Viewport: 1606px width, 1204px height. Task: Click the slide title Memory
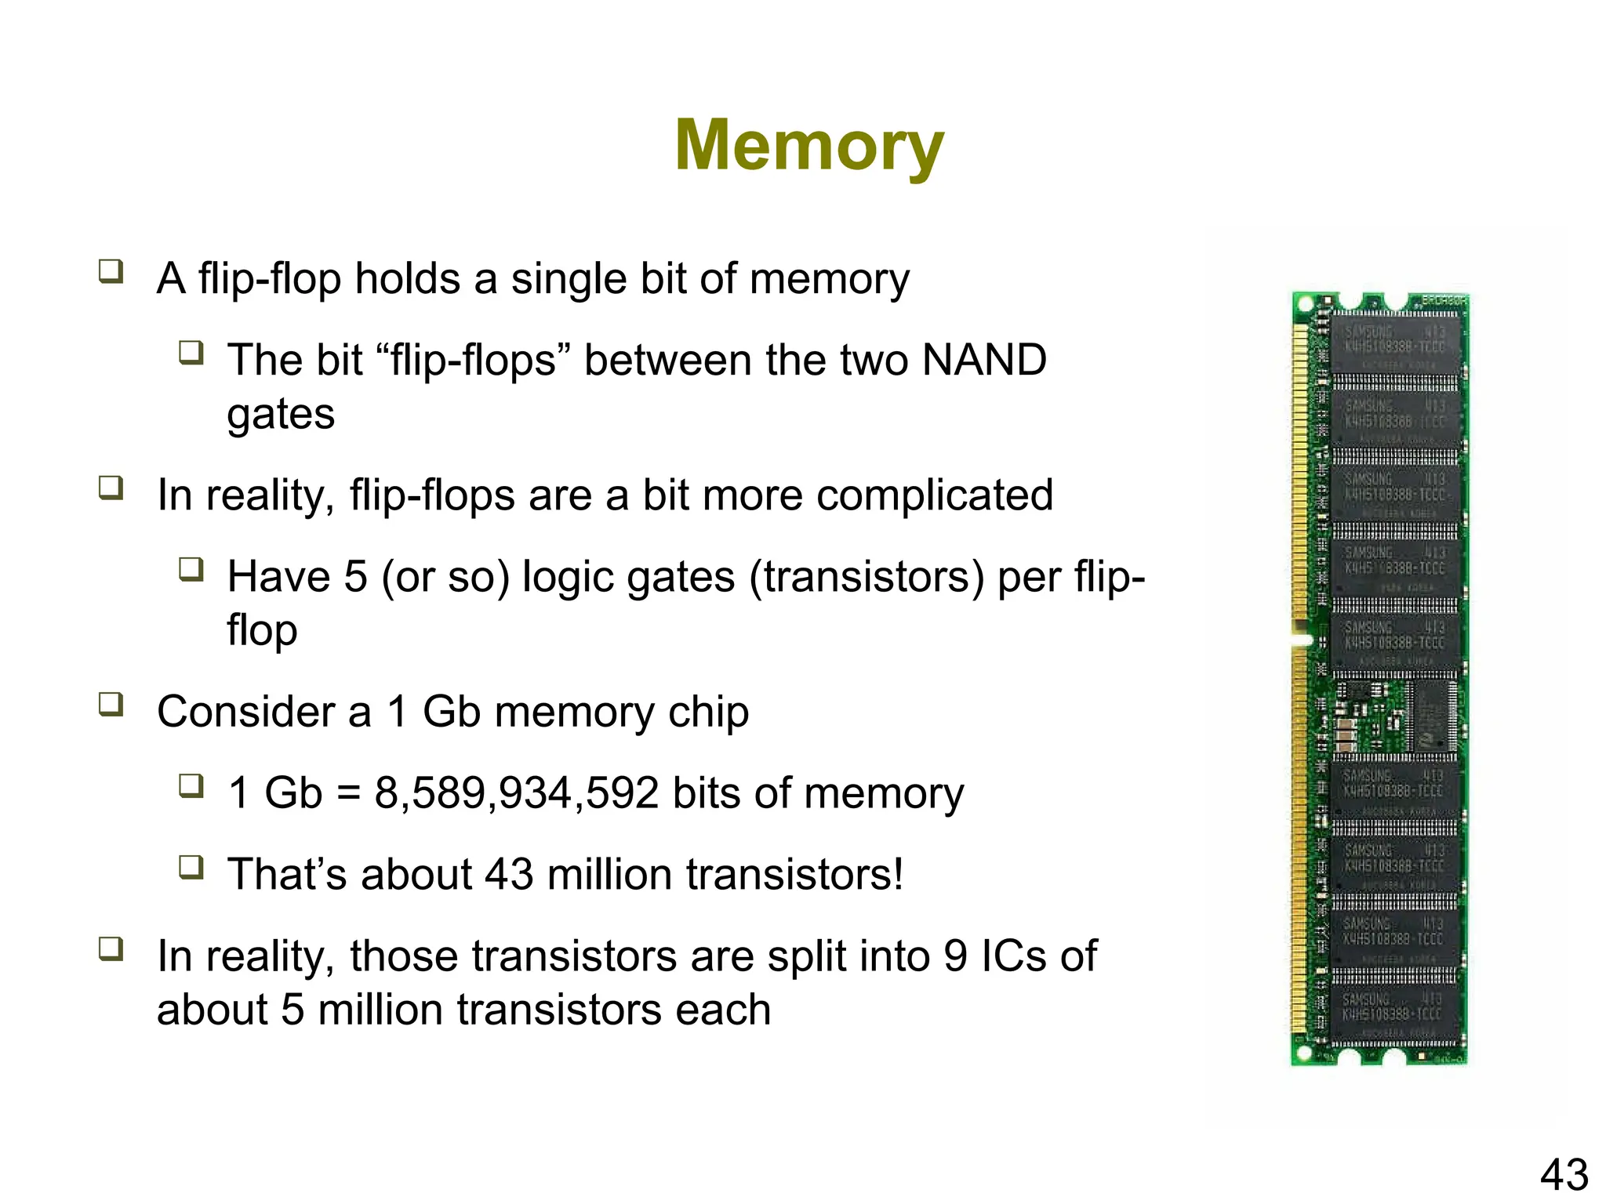click(809, 146)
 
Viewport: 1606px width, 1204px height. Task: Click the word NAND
click(983, 360)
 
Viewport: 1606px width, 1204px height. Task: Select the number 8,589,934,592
click(516, 792)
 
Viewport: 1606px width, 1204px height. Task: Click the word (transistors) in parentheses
click(867, 577)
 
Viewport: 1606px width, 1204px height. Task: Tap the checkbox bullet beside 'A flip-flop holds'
click(111, 271)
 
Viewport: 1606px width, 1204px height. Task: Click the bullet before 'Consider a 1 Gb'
click(111, 704)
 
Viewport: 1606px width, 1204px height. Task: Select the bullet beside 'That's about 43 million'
click(191, 867)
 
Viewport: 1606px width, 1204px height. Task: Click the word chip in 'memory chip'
click(708, 712)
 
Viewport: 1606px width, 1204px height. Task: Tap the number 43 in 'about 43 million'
click(509, 874)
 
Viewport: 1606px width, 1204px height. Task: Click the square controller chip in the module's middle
click(1434, 716)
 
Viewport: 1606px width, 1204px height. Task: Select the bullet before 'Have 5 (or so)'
click(191, 569)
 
